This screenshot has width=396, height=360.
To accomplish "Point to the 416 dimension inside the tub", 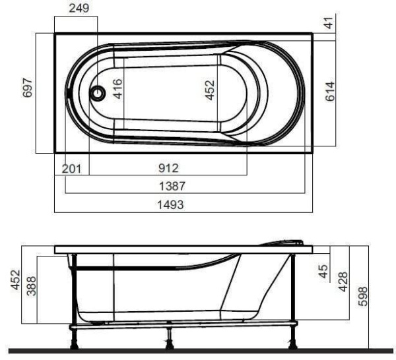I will [118, 88].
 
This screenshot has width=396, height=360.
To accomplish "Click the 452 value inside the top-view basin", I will [210, 88].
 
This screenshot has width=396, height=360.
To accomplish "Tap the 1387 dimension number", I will [172, 187].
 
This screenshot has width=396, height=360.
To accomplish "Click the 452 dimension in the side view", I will [14, 280].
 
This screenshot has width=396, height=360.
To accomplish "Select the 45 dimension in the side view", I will [323, 271].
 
